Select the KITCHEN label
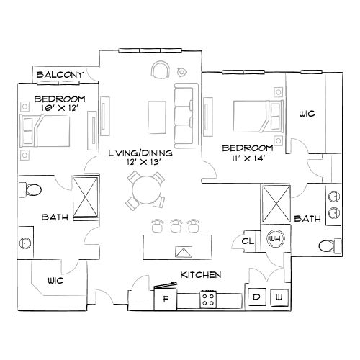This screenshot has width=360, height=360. pos(200,275)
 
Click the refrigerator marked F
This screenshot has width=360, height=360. pos(166,298)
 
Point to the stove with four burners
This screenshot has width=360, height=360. pos(210,298)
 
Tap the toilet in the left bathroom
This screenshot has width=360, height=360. pos(32,190)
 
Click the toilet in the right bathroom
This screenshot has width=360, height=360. pos(328,246)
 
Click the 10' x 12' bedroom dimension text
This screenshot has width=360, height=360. pos(60,107)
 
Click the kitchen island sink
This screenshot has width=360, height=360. pos(183,251)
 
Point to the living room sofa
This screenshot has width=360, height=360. pos(184,114)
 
